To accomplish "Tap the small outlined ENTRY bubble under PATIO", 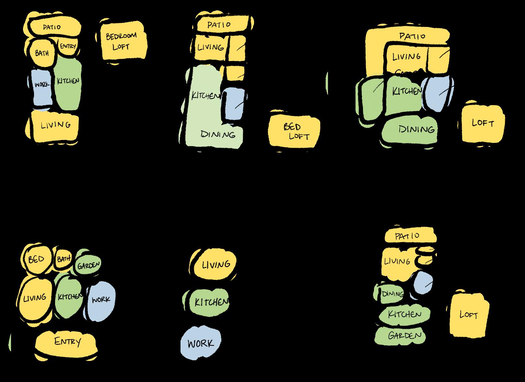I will (x=68, y=46).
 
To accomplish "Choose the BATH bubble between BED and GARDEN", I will (x=63, y=259).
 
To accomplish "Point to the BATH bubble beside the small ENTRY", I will (x=42, y=53).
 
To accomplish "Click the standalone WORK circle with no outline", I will (x=201, y=343).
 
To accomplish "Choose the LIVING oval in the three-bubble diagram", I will (x=215, y=265).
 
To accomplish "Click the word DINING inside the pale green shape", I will (x=218, y=134).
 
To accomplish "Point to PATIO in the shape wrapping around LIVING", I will (x=412, y=36).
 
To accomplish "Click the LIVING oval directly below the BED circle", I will (x=35, y=298).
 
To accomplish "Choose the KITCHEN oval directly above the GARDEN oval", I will (x=404, y=314).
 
